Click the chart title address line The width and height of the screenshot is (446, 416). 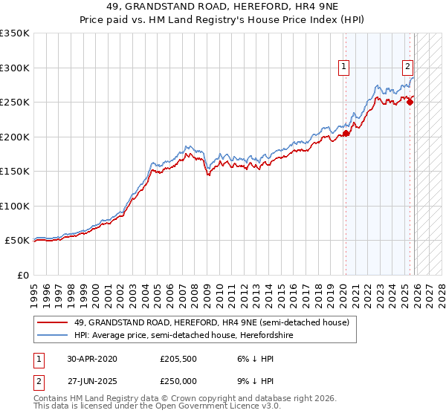(x=223, y=7)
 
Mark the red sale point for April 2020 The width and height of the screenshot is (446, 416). (x=346, y=134)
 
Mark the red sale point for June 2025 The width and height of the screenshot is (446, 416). (x=410, y=103)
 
